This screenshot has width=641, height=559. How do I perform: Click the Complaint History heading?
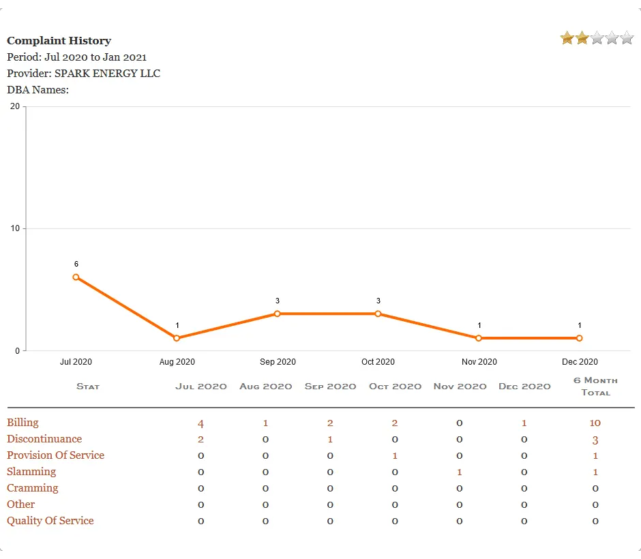pos(59,41)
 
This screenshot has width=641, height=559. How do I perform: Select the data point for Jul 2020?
pos(76,277)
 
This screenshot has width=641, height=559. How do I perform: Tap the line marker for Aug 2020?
pos(177,338)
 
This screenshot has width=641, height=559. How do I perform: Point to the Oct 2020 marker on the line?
pos(378,314)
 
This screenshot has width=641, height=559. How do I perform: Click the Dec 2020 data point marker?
pos(580,338)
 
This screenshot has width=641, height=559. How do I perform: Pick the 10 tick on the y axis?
pos(15,228)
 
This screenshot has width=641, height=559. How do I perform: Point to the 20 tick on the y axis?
pos(15,106)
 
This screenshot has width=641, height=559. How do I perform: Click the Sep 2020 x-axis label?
pos(278,362)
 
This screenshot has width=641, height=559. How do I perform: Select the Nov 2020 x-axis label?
pos(479,362)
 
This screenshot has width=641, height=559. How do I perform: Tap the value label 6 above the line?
pos(76,264)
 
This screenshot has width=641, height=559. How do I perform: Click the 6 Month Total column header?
pos(595,386)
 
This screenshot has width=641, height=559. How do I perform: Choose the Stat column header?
pos(88,387)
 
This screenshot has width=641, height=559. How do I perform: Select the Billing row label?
pos(23,423)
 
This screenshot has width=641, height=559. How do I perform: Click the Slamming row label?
pos(31,472)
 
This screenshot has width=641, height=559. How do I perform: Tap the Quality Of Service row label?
pos(50,521)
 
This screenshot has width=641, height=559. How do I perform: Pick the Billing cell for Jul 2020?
pos(200,423)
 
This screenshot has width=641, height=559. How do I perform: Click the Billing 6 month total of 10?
pos(595,423)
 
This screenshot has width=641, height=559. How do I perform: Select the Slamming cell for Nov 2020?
pos(460,472)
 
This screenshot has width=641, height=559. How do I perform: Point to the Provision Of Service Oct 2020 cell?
pos(395,456)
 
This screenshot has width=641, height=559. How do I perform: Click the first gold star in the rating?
pos(567,38)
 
